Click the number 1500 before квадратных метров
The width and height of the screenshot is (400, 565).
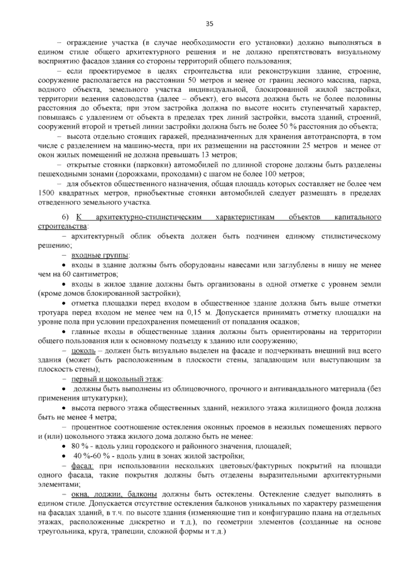pos(45,193)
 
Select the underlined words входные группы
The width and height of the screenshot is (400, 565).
pos(100,256)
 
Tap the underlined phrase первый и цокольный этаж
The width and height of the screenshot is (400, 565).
pos(117,379)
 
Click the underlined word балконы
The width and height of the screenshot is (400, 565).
pos(142,494)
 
